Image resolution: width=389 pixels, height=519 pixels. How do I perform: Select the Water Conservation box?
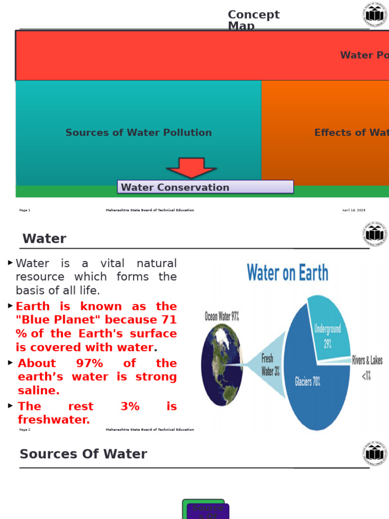coord(205,187)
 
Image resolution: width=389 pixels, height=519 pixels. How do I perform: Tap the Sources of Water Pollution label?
coord(138,133)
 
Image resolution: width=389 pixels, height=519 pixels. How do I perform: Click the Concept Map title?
coord(253,20)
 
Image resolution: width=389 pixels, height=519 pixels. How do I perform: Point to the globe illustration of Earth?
coord(222,364)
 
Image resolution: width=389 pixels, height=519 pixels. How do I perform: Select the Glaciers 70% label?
coord(307,382)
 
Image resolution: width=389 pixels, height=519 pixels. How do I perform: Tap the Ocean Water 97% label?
coord(222,317)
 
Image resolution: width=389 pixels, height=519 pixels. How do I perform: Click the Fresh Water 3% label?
coord(270,365)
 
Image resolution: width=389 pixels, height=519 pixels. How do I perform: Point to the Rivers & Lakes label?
coord(367,360)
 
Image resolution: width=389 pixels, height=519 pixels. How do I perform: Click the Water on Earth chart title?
coord(287,273)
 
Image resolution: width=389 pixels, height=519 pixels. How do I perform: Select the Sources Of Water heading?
coord(83,454)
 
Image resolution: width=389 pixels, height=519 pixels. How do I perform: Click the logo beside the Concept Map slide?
coord(375,15)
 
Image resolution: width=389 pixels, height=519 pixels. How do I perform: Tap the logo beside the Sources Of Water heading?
coord(375,454)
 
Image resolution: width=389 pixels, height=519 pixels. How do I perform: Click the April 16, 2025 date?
coord(354,210)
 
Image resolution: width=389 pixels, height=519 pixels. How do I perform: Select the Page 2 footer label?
coord(25,430)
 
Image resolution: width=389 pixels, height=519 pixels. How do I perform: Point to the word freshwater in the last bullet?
coord(54,420)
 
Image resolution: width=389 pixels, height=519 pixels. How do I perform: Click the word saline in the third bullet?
coord(38,391)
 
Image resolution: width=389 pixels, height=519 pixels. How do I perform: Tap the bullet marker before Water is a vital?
coord(10,263)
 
